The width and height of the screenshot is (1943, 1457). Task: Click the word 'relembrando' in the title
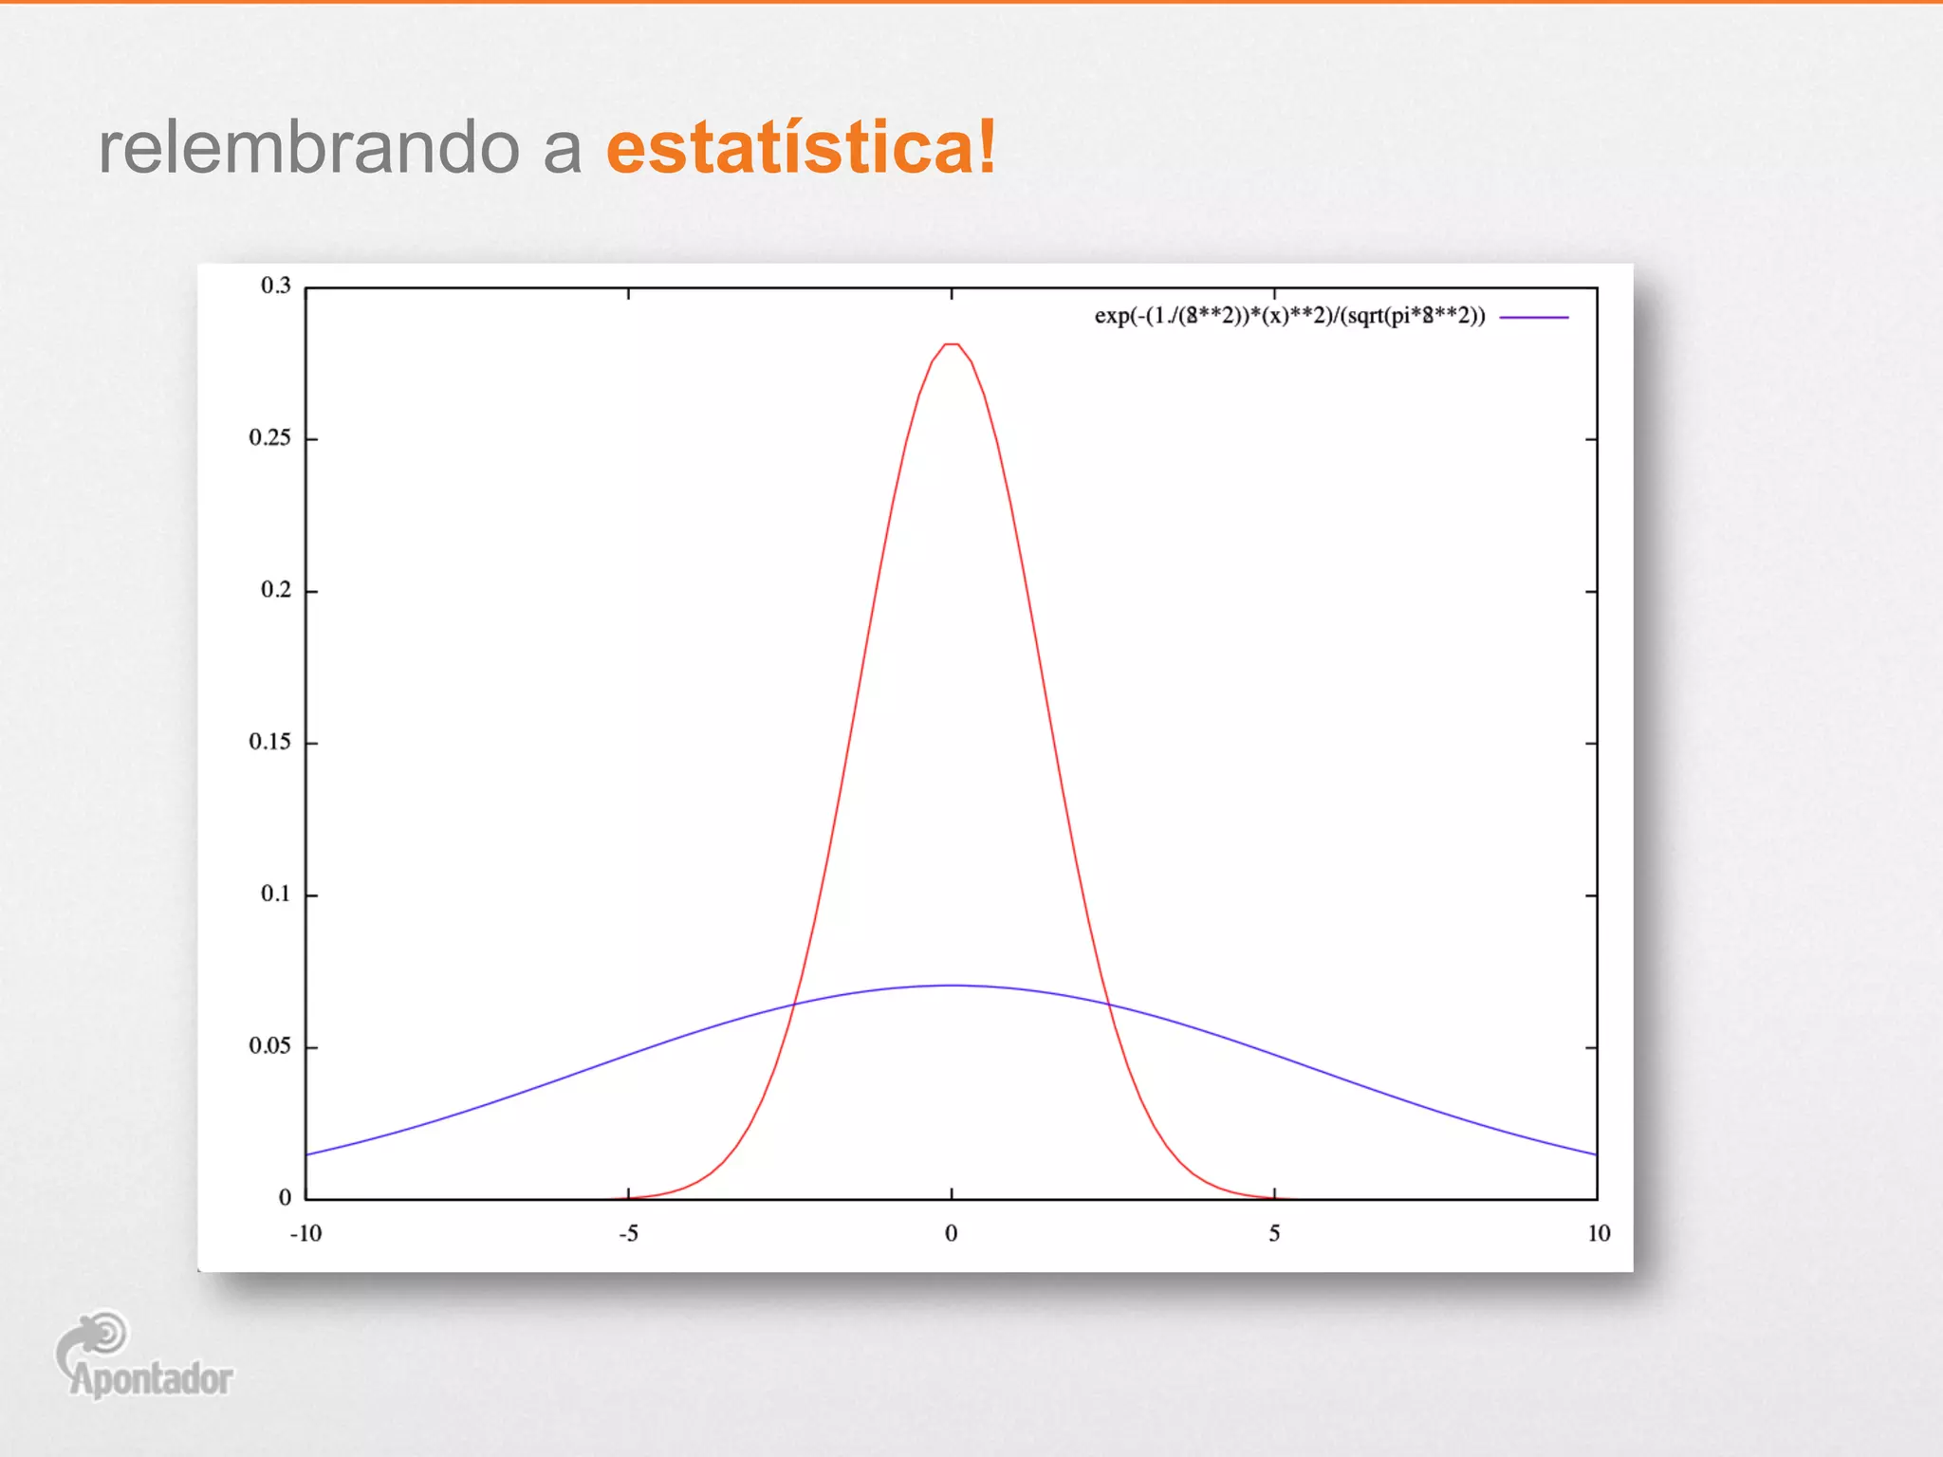click(309, 148)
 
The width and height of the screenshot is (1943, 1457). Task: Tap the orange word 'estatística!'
click(802, 148)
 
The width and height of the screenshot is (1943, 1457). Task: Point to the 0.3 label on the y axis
click(276, 286)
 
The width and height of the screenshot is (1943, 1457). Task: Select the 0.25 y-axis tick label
click(270, 437)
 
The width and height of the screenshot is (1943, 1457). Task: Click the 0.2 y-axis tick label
click(276, 590)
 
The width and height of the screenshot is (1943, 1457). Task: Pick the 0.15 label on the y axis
click(270, 742)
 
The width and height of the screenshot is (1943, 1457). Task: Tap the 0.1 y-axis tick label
click(276, 894)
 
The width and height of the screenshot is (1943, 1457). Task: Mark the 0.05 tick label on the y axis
click(270, 1046)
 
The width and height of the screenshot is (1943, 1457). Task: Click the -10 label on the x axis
click(305, 1233)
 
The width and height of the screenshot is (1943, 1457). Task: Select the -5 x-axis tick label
click(628, 1233)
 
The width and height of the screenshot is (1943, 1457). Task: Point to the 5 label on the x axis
click(1274, 1233)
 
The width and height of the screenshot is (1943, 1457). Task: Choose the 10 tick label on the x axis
click(1599, 1233)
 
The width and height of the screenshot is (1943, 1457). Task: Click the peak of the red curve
click(952, 344)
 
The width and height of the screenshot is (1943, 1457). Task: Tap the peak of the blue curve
click(952, 986)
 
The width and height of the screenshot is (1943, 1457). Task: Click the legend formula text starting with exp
click(1289, 316)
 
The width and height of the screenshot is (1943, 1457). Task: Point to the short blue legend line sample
click(1534, 317)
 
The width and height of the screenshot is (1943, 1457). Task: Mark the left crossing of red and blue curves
click(794, 1004)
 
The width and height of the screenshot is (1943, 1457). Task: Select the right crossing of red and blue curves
click(1108, 1004)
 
